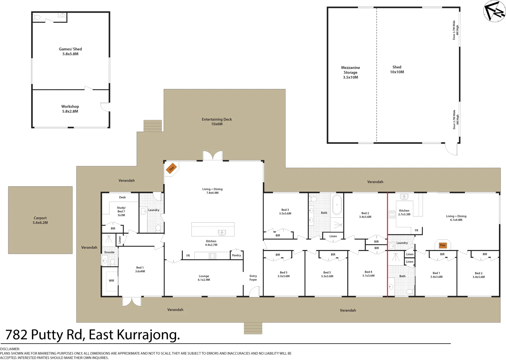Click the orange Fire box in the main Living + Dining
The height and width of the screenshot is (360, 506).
[171, 168]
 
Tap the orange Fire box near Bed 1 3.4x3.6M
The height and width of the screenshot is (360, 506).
[443, 245]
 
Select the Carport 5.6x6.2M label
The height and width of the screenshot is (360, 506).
[40, 220]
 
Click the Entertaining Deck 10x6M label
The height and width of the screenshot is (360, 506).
[217, 122]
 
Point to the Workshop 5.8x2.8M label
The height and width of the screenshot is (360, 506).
[70, 109]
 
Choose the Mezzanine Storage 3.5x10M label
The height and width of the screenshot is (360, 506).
[351, 72]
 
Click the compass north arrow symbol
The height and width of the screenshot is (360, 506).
[494, 11]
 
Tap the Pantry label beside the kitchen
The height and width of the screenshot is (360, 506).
[236, 255]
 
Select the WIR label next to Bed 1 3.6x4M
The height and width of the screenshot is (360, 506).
[111, 281]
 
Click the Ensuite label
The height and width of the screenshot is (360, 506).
[109, 252]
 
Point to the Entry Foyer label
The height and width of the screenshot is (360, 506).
[253, 278]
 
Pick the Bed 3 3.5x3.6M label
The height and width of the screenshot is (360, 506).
[285, 212]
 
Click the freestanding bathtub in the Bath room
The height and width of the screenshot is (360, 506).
[337, 204]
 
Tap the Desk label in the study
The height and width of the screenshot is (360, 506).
[122, 197]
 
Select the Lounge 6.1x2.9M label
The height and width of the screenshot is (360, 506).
[204, 278]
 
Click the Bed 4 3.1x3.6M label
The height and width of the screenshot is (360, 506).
[369, 274]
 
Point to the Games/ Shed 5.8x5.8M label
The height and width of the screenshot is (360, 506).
[70, 51]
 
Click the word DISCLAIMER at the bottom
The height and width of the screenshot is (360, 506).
[10, 349]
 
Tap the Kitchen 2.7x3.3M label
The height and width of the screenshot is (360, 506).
[404, 212]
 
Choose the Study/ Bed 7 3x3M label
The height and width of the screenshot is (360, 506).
[121, 211]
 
